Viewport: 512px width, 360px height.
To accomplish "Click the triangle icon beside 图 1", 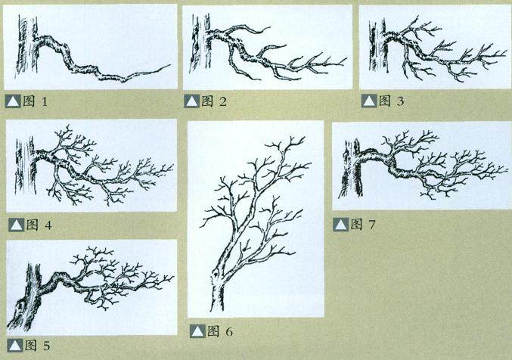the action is [13, 101].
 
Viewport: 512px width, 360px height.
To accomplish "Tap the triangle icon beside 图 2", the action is [191, 101].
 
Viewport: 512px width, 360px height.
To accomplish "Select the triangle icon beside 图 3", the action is [369, 101].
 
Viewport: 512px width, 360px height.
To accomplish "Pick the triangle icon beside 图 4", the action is [17, 225].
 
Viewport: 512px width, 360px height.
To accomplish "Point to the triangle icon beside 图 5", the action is [15, 346].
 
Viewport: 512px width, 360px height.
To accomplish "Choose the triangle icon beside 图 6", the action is [197, 331].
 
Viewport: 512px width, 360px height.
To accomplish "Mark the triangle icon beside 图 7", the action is [341, 225].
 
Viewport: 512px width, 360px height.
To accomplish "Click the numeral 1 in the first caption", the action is [45, 102].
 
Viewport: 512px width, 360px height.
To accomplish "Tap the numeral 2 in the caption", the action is [222, 102].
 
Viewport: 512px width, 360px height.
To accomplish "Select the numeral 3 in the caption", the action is [400, 101].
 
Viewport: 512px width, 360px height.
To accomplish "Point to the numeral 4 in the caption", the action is [48, 225].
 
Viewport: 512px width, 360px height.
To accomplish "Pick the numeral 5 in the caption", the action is [46, 346].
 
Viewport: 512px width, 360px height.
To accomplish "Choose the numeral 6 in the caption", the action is [229, 332].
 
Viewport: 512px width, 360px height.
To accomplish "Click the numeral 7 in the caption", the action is [372, 225].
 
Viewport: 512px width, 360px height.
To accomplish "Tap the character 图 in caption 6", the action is [213, 331].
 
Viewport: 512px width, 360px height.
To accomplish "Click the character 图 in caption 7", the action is [356, 224].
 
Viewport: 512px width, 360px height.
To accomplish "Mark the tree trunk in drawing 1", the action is [26, 45].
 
